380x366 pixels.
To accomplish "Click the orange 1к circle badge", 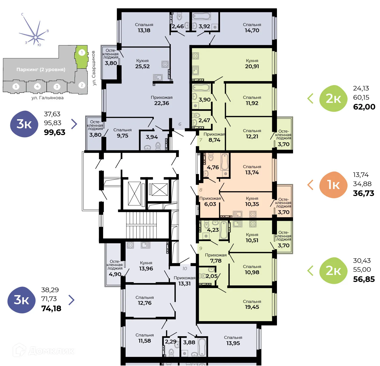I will tap(333, 185).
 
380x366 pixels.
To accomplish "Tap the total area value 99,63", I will tap(54, 132).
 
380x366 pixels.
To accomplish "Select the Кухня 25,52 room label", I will tap(142, 64).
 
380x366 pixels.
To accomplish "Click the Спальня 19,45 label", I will tap(252, 304).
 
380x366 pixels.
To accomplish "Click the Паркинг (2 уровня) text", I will tap(41, 70).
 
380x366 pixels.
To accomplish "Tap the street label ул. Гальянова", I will tap(48, 98).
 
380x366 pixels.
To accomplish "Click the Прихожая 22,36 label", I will tap(162, 100).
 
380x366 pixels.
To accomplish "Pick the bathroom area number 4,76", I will tap(213, 167).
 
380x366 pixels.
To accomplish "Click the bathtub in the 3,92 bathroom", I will tap(201, 16).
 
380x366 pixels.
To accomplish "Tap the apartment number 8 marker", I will tap(201, 190).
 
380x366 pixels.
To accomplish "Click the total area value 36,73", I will tap(363, 193).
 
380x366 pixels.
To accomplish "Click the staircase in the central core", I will tap(141, 225).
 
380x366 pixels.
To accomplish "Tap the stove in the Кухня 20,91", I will tap(195, 56).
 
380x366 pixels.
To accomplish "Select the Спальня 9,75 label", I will tap(122, 133).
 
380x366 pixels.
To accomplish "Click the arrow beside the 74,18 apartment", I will tap(71, 300).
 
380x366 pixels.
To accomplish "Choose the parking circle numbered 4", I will tap(38, 86).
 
